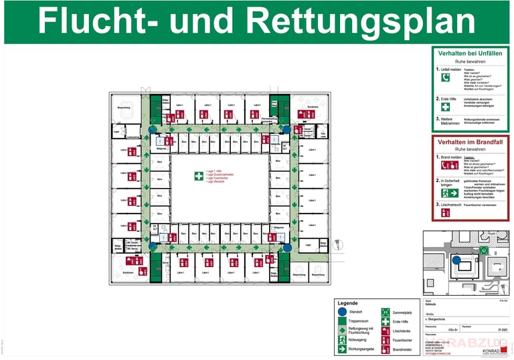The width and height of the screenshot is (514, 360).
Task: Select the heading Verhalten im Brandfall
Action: point(469,143)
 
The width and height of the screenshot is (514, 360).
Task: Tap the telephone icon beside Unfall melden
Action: point(446,78)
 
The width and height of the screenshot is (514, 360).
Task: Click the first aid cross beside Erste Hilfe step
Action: point(446,106)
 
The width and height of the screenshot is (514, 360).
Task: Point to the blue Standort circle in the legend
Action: point(342,312)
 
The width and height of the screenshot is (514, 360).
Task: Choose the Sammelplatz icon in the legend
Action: point(385,312)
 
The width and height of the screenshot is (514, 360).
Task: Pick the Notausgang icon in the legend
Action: point(342,339)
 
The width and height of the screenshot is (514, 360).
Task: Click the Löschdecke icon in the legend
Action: point(385,331)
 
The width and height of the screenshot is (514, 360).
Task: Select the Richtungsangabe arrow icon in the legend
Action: point(342,349)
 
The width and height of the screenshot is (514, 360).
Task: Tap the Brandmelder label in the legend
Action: point(403,349)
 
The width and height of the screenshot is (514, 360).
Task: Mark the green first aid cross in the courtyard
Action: point(198,177)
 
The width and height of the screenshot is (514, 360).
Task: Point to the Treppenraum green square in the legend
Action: point(342,321)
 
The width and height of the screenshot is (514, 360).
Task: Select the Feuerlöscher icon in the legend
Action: point(385,340)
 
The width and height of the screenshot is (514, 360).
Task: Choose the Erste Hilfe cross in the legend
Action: point(385,321)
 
